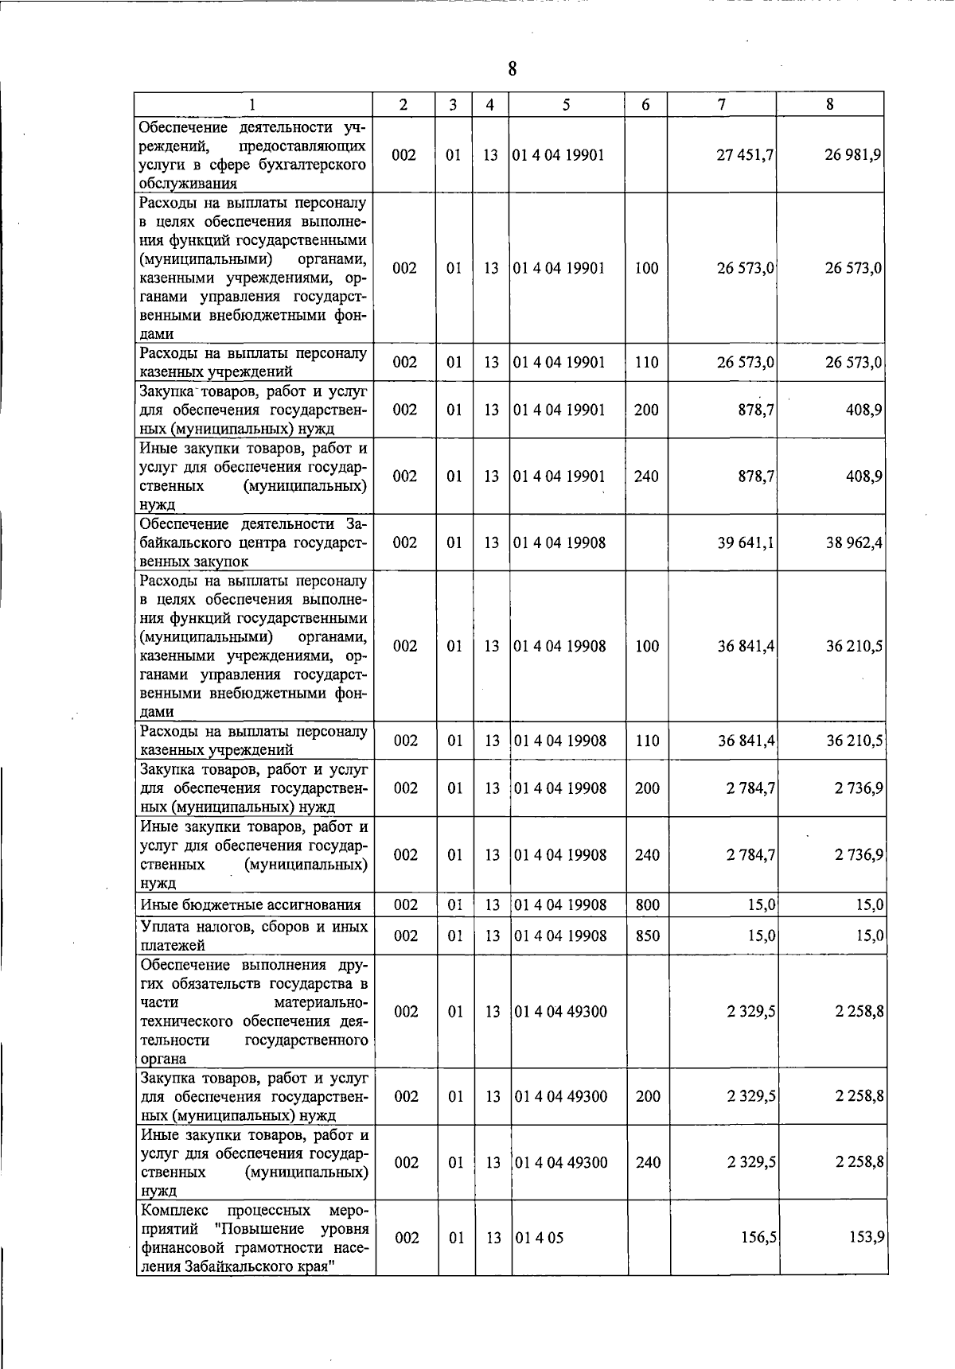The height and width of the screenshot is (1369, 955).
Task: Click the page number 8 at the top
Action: tap(513, 69)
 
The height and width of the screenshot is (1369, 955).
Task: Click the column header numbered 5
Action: tap(566, 104)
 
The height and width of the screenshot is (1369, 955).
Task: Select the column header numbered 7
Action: tap(721, 104)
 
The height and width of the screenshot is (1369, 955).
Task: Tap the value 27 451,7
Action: tap(745, 155)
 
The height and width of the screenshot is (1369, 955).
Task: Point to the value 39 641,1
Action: tap(746, 543)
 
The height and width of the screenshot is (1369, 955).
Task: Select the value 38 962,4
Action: tap(854, 543)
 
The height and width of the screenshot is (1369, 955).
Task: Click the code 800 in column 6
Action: tap(647, 904)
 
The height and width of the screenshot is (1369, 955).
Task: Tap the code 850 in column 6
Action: tap(647, 935)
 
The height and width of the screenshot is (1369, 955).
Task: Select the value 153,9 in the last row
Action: tap(867, 1238)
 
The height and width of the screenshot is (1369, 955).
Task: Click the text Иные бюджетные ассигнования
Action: tap(250, 904)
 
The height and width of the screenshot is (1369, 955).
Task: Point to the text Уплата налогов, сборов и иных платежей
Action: tap(254, 935)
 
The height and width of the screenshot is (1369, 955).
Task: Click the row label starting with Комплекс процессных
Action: tap(254, 1238)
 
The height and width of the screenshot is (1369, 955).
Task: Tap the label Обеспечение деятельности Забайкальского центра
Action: tap(253, 543)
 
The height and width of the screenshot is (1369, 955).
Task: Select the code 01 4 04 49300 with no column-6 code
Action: tap(561, 1011)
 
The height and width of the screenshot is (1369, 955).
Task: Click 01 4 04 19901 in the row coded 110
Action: tap(559, 362)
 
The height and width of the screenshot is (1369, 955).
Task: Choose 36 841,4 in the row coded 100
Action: tap(746, 646)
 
